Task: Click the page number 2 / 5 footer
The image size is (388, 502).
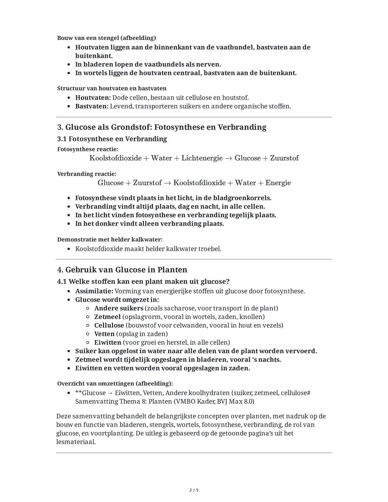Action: (x=194, y=490)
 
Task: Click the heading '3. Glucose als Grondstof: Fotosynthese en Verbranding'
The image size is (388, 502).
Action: (x=162, y=127)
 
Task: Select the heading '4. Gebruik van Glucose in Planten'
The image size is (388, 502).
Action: (x=122, y=270)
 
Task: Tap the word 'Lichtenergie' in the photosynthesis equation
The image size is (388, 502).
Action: (x=202, y=158)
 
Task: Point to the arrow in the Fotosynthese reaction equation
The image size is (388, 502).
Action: (x=228, y=158)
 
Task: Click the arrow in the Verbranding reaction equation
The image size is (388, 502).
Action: (x=167, y=183)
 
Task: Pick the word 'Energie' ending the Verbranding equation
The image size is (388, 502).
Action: (x=278, y=183)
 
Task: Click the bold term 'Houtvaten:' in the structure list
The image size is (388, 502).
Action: (x=93, y=98)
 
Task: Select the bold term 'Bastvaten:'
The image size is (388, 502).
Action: (x=92, y=106)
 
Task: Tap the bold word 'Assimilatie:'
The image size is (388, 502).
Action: (x=94, y=291)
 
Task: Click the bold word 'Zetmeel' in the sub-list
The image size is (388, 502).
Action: (x=107, y=317)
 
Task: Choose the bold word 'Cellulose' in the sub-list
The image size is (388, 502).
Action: (x=109, y=326)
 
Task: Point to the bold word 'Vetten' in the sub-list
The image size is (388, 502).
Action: (x=104, y=334)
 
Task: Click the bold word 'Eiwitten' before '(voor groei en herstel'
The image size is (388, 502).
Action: (x=108, y=343)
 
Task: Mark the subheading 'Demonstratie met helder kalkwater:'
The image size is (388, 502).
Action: (x=110, y=240)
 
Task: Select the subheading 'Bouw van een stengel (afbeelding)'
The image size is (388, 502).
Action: (x=106, y=38)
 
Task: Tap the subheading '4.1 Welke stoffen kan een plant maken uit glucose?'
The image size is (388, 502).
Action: (x=143, y=281)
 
